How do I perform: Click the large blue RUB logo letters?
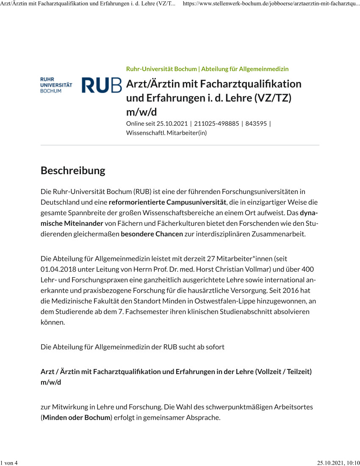click(102, 85)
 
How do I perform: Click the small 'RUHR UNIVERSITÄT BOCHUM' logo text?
click(56, 85)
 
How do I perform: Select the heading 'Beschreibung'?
click(73, 171)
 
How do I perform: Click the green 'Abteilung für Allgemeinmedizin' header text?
click(245, 69)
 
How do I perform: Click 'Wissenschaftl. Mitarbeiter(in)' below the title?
click(166, 133)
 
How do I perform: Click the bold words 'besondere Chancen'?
click(152, 234)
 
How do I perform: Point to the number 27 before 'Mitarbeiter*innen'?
click(211, 258)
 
